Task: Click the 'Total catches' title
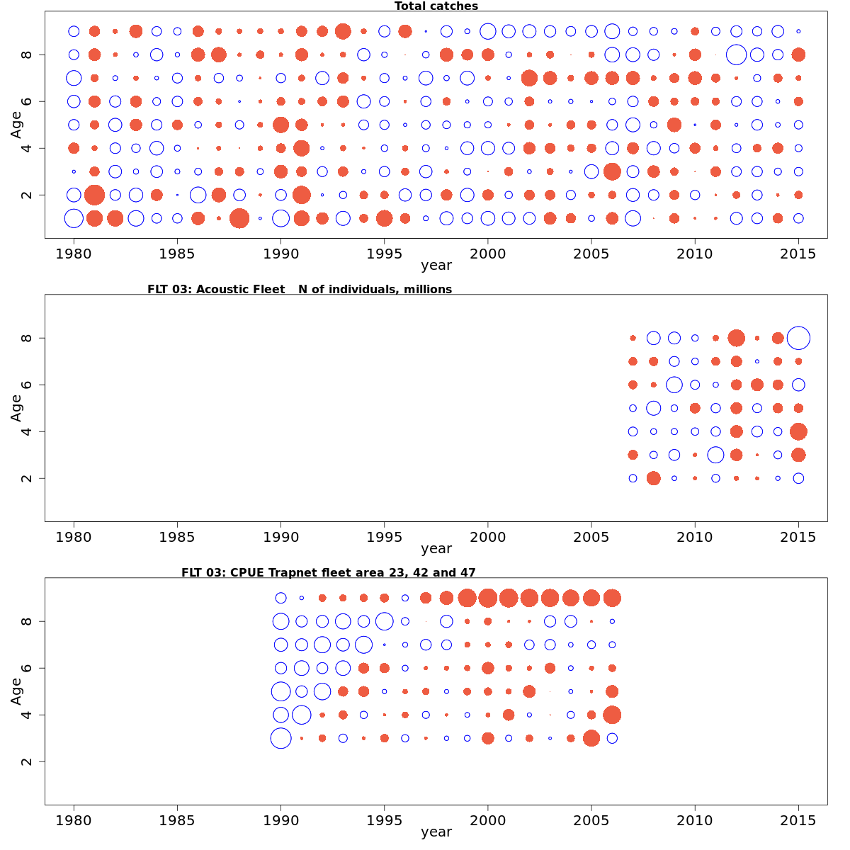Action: coord(436,6)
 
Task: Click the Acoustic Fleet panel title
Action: coord(299,289)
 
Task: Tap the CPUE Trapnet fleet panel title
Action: coord(328,572)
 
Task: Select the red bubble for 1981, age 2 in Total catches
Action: coord(94,195)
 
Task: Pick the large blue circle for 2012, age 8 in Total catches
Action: coord(736,55)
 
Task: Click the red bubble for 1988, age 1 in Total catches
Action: coord(239,218)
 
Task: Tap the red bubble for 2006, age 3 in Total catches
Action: coord(612,171)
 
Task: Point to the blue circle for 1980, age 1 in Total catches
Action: coord(74,218)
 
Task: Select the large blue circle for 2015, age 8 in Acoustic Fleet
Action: coord(798,338)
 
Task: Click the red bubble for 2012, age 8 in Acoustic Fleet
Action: coord(736,338)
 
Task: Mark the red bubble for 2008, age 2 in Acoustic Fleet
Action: coord(653,478)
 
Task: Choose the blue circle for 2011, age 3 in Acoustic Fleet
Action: coord(715,455)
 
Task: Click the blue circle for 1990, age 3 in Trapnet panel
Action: coord(280,738)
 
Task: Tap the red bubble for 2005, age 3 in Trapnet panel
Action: coord(591,738)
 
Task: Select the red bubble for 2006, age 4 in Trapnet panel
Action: coord(612,715)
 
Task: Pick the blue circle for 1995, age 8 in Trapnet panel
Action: coord(384,621)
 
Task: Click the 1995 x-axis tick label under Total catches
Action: coord(384,254)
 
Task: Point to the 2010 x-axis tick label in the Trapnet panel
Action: coord(695,820)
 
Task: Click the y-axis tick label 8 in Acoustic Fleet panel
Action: coord(27,338)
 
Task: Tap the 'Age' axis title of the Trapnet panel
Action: coord(16,691)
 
